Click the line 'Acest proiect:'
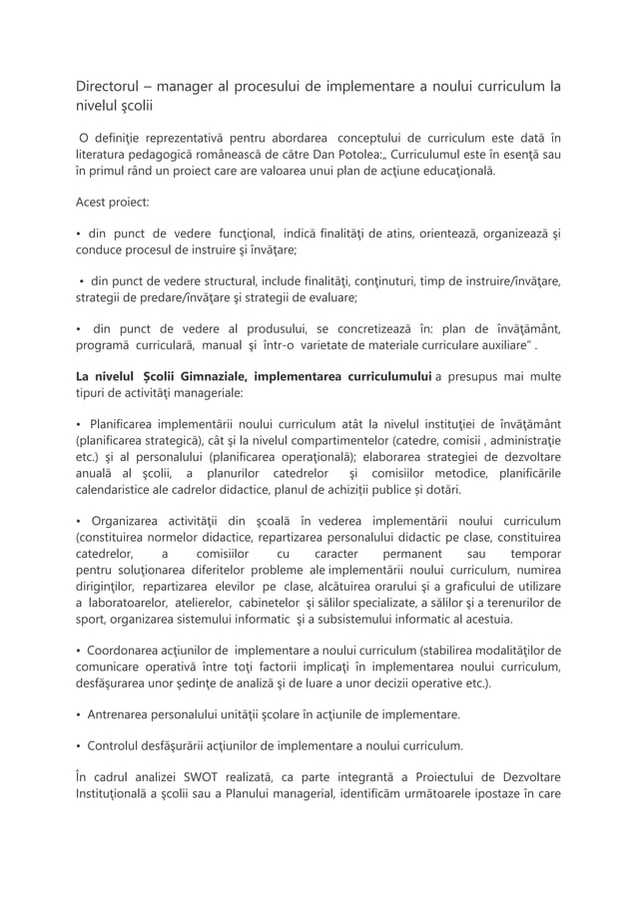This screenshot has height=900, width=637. [x=113, y=202]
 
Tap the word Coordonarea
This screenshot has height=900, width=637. [x=130, y=651]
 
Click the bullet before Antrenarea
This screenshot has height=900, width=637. [x=79, y=714]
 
